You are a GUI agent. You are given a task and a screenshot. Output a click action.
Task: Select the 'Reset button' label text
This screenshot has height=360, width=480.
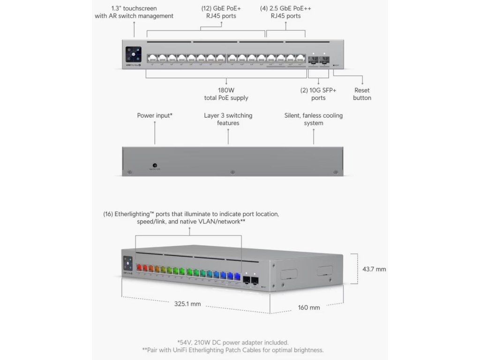[x=362, y=94]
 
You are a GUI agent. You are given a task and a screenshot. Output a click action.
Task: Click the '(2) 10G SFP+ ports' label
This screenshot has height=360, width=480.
[x=318, y=94]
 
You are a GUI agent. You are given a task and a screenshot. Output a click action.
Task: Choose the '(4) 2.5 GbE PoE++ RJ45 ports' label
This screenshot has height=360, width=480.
[x=285, y=12]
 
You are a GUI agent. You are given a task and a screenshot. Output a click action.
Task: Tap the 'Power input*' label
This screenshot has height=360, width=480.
[x=155, y=115]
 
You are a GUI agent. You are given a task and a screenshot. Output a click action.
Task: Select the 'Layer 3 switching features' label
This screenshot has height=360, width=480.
[x=228, y=119]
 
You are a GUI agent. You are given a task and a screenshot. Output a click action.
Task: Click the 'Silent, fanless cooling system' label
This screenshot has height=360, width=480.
[x=314, y=119]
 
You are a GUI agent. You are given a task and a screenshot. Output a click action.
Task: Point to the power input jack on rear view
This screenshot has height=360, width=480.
[x=155, y=166]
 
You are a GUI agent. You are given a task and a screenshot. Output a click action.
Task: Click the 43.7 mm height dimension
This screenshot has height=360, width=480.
[x=374, y=269]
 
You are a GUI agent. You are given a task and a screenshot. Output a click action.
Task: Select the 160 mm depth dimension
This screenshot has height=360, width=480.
[x=309, y=307]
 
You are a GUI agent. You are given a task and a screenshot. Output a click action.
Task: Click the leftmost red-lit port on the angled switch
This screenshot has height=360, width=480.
[x=139, y=269]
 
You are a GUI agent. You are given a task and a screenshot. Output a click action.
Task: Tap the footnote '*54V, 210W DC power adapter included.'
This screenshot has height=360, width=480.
[x=233, y=342]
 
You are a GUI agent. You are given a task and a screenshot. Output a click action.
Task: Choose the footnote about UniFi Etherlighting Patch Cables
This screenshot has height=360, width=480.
[x=233, y=350]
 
